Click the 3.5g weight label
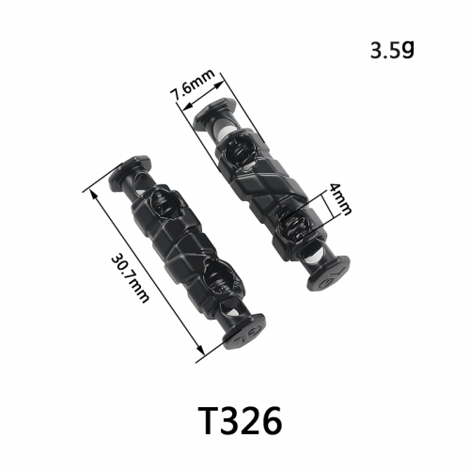(x=392, y=51)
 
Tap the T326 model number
(x=241, y=420)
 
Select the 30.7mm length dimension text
(x=130, y=279)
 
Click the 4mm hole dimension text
(x=339, y=199)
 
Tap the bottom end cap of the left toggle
(x=243, y=332)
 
